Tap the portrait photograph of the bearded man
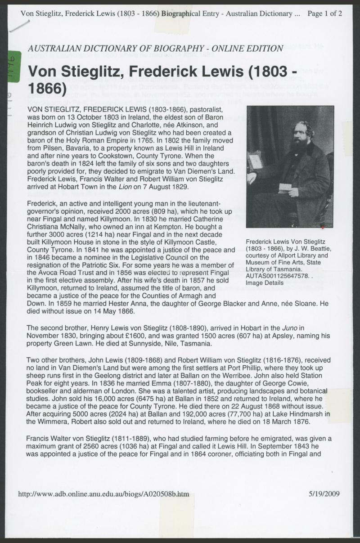tap(290, 166)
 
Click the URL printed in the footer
tap(103, 494)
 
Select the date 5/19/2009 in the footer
tap(324, 494)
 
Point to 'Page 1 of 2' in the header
tap(324, 13)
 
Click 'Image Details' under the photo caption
tap(264, 283)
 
